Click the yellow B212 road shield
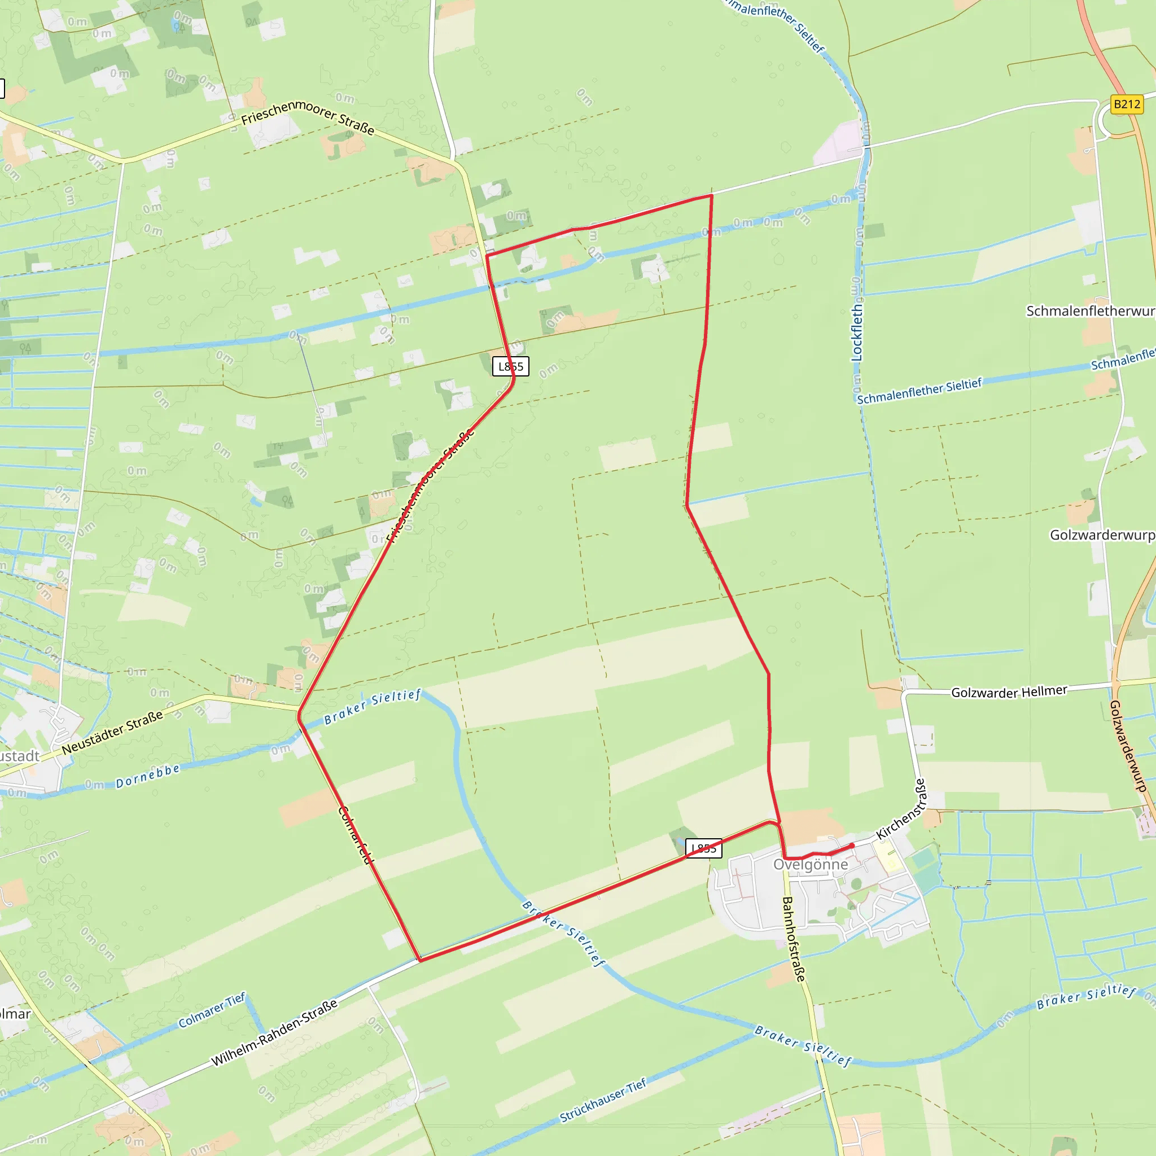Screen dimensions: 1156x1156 point(1127,104)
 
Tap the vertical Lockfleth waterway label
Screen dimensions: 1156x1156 point(857,332)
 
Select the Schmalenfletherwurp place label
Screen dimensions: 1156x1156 point(1090,311)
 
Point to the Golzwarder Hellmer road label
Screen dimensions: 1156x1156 point(1009,691)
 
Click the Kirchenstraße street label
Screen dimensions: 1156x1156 point(900,809)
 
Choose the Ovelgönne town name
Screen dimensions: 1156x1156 point(810,865)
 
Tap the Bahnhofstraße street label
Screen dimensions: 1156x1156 point(794,939)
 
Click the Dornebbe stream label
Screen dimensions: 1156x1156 point(147,777)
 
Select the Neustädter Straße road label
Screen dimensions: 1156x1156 point(112,733)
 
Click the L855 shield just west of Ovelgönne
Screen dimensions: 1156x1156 point(703,848)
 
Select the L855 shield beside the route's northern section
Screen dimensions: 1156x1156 point(510,366)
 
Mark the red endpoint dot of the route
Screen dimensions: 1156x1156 point(852,846)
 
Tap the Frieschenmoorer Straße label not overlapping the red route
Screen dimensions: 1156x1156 point(308,117)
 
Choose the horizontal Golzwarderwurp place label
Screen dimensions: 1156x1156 point(1102,535)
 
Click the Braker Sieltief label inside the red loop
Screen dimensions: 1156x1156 point(372,707)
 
